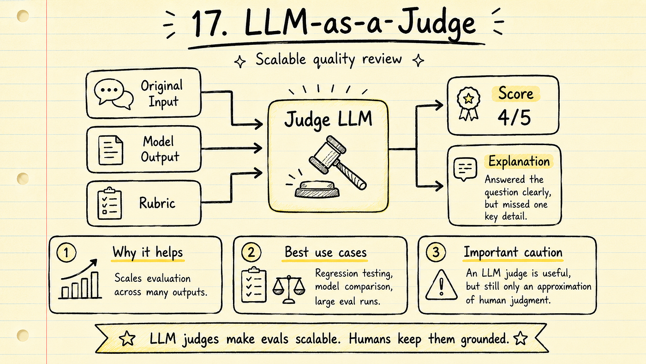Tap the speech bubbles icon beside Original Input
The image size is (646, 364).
tap(114, 94)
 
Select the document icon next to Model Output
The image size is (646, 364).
tap(110, 150)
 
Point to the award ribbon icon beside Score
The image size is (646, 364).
tap(468, 103)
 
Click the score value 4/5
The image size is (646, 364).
tap(514, 117)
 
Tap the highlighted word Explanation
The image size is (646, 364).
tap(519, 161)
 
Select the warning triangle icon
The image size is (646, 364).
tap(441, 285)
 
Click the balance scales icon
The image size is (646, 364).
tap(289, 289)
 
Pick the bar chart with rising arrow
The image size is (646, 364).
tap(80, 279)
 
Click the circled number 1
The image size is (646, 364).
tap(66, 253)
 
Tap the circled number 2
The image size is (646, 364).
tap(251, 253)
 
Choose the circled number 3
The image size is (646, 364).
tap(436, 253)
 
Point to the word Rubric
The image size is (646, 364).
tap(157, 203)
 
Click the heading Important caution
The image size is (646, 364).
tap(513, 252)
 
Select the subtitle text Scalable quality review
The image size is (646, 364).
tap(329, 60)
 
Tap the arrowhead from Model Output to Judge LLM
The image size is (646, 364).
tap(257, 148)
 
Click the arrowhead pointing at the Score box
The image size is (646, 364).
tap(439, 105)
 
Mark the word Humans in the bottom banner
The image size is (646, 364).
tap(370, 339)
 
